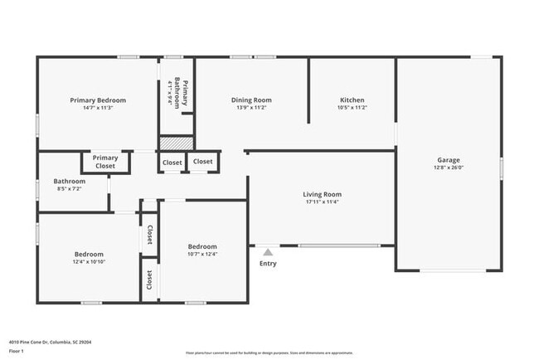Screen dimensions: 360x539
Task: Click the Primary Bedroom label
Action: click(98, 100)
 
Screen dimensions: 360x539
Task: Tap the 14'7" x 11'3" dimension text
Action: click(98, 108)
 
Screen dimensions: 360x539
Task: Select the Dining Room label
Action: click(251, 100)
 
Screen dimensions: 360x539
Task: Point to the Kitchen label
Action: click(352, 100)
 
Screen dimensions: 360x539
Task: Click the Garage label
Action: click(449, 160)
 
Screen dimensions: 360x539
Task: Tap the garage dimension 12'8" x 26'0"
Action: click(449, 168)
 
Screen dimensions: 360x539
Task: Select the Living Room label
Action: click(322, 194)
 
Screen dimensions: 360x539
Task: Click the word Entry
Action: click(268, 264)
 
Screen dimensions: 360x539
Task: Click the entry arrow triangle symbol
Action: click(267, 251)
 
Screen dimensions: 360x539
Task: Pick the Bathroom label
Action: click(70, 181)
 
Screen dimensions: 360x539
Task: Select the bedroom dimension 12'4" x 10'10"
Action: click(89, 262)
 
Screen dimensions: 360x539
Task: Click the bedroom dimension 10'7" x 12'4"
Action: click(202, 255)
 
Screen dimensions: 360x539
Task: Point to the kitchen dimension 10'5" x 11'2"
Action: click(352, 108)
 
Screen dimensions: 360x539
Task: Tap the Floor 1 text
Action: click(17, 351)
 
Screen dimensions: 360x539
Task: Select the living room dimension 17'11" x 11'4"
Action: click(322, 202)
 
